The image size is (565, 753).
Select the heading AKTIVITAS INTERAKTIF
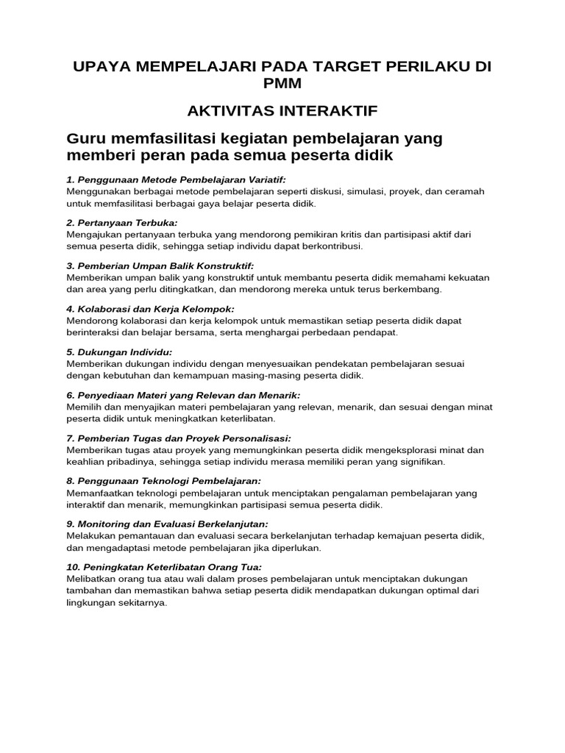[282, 111]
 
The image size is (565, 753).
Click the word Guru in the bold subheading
[85, 138]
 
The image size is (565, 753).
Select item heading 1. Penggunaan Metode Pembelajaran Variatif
[176, 179]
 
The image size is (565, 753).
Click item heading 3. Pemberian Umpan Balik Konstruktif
[160, 265]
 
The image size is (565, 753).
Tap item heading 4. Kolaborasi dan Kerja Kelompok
[150, 308]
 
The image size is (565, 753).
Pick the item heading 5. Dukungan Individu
[119, 351]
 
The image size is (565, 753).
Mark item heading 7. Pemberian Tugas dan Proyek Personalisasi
[179, 438]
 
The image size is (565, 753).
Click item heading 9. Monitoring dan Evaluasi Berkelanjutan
[167, 524]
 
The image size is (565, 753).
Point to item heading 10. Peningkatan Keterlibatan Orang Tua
[164, 566]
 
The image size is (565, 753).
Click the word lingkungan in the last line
[91, 603]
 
